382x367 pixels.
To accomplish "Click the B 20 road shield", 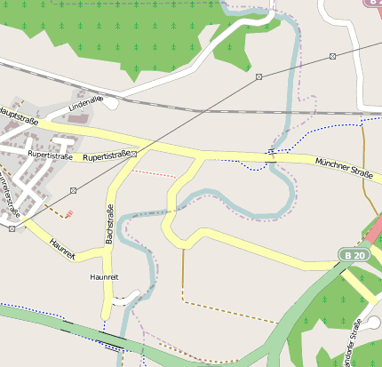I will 354,255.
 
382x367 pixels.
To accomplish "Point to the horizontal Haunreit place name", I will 104,277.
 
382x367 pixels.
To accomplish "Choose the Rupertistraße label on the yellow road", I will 107,156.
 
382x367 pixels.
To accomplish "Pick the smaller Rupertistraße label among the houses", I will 50,154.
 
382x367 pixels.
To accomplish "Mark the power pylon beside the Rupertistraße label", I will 139,153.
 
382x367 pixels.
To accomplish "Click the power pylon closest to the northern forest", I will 259,77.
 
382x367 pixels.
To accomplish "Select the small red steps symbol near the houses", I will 69,213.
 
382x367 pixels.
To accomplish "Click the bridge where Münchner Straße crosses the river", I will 270,157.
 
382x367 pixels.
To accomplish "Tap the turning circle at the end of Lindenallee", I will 111,103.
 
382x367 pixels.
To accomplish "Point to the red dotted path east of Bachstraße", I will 155,173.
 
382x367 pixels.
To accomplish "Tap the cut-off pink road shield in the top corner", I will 373,3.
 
